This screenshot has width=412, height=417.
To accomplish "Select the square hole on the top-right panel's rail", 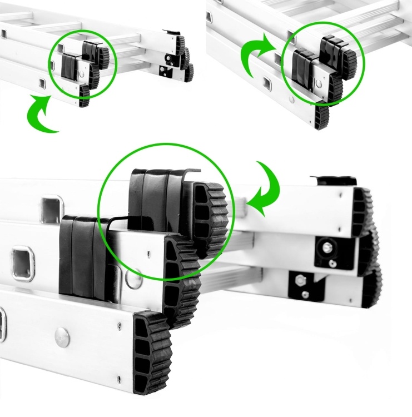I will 266,86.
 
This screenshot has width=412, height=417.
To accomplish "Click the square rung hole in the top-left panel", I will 42,83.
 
